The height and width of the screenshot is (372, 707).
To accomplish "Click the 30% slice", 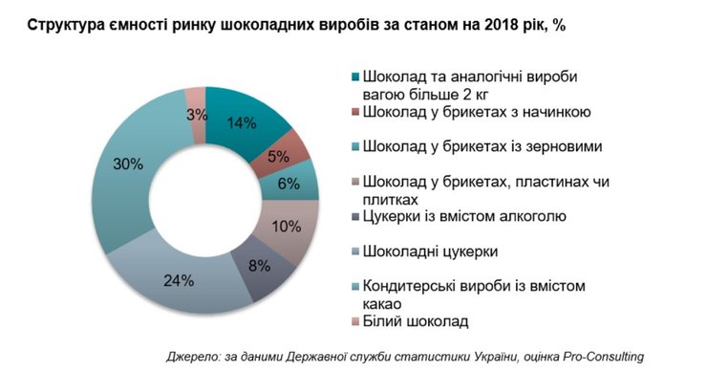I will tap(130, 165).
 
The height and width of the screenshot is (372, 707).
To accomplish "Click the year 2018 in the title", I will tap(512, 26).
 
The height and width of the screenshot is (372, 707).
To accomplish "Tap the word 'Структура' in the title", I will tap(63, 26).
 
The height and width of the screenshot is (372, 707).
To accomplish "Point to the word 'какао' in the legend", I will tap(386, 303).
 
